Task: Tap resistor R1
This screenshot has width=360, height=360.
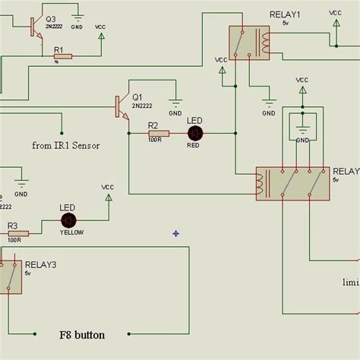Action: click(62, 56)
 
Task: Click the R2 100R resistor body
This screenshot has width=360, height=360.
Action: click(158, 134)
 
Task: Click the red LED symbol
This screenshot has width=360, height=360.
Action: click(195, 134)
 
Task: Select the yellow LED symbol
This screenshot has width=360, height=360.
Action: click(68, 220)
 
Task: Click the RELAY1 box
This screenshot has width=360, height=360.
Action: click(249, 43)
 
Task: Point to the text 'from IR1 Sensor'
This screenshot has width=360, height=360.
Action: click(66, 145)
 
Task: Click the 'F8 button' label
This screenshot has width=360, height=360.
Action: click(82, 334)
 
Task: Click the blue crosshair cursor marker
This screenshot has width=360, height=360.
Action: click(175, 233)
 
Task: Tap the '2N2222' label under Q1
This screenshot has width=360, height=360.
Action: click(142, 106)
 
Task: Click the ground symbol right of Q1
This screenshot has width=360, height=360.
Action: click(175, 106)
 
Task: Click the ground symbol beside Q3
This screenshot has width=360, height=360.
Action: click(77, 17)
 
